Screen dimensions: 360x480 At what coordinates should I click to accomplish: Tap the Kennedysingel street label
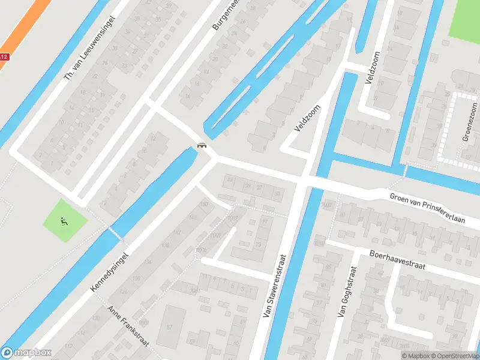(x=109, y=272)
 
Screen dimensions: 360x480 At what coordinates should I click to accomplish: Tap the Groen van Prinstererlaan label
(x=428, y=199)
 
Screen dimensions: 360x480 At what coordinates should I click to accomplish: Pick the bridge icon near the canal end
(x=202, y=145)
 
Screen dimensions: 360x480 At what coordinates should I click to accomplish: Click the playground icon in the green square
(x=65, y=221)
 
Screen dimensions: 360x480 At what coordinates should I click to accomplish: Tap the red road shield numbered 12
(x=4, y=57)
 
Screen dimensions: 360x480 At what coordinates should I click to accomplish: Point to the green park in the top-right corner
(x=465, y=21)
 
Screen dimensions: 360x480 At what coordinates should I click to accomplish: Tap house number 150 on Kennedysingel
(x=205, y=205)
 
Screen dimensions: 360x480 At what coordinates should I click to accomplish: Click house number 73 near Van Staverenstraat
(x=259, y=244)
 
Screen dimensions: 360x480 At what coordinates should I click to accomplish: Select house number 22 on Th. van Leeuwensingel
(x=95, y=76)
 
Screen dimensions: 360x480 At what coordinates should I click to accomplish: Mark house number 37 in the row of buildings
(x=260, y=187)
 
